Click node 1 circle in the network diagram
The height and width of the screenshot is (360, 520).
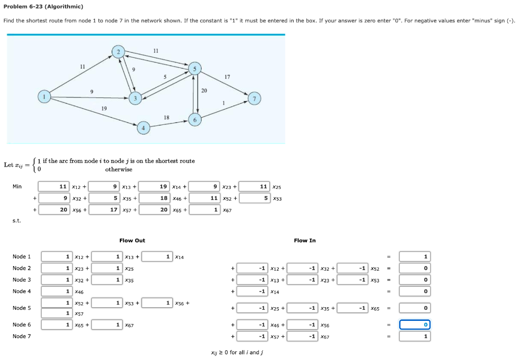click(x=45, y=97)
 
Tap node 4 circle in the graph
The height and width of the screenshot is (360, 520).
click(x=143, y=128)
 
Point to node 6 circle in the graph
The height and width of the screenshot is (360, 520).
click(x=194, y=119)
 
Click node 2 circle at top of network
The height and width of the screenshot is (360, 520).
click(x=118, y=52)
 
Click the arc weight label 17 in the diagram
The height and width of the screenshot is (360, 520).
click(x=227, y=77)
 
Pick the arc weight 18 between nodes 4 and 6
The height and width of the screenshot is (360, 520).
click(x=167, y=117)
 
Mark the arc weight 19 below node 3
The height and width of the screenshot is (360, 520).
click(x=104, y=108)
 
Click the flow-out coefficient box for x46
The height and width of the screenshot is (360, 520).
click(x=57, y=291)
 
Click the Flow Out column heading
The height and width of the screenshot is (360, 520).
click(x=132, y=240)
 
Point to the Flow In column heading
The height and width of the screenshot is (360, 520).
click(x=305, y=240)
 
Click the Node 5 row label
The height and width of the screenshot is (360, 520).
click(x=22, y=308)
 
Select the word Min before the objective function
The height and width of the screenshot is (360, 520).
click(x=17, y=186)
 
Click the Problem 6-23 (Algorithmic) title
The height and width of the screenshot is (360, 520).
click(x=43, y=7)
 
